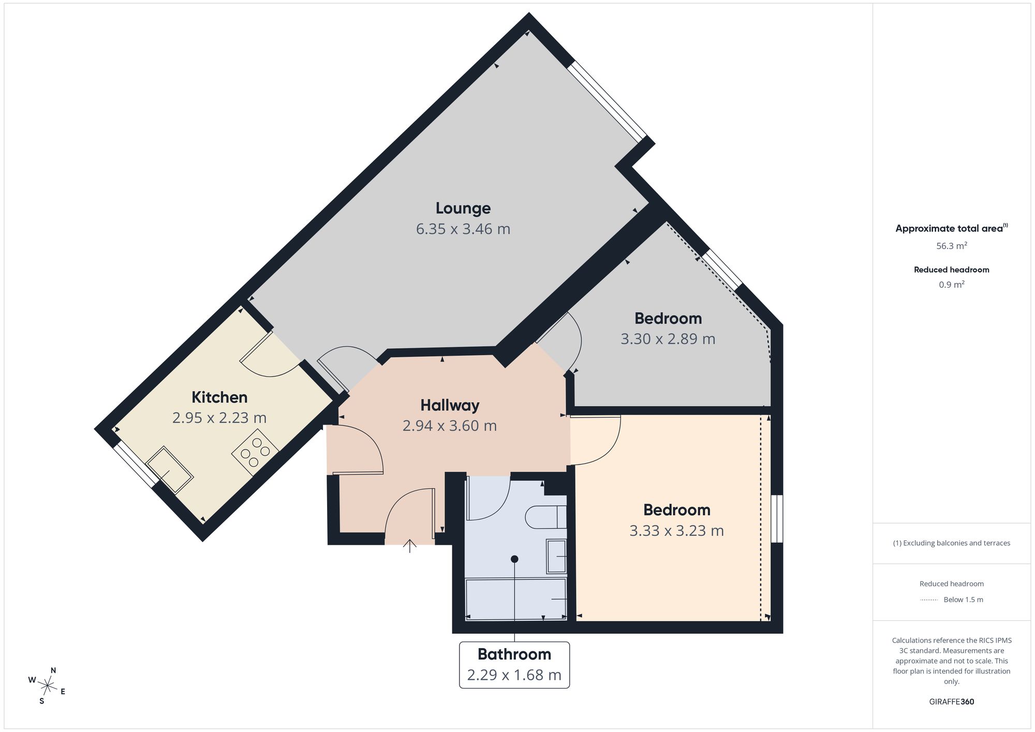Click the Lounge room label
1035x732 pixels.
[x=463, y=208]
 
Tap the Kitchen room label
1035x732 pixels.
[x=219, y=397]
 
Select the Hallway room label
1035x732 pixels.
[x=450, y=405]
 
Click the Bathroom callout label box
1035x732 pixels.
[x=514, y=665]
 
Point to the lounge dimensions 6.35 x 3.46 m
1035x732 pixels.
[x=463, y=229]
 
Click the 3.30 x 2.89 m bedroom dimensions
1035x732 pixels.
[x=668, y=339]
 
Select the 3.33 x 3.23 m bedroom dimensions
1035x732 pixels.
[x=676, y=531]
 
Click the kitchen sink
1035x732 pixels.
[x=170, y=469]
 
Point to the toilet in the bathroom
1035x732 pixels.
[x=546, y=516]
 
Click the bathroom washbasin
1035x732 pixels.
[x=556, y=556]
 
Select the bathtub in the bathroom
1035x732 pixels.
[x=516, y=599]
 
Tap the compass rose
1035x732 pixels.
[x=47, y=686]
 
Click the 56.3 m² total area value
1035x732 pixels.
[x=952, y=246]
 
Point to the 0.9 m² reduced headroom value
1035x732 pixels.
[x=952, y=285]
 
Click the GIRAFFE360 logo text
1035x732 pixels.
[x=952, y=702]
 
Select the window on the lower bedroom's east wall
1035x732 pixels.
[x=777, y=519]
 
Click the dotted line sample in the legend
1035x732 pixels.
[x=929, y=600]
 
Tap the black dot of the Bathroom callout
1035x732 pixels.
[x=514, y=559]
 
